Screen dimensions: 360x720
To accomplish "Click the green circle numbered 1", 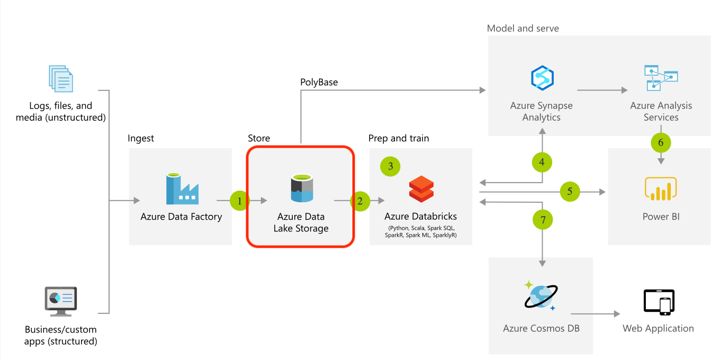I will pyautogui.click(x=240, y=201).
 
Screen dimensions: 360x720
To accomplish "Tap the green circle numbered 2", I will pyautogui.click(x=361, y=201).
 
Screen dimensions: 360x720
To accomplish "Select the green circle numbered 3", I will pyautogui.click(x=391, y=166).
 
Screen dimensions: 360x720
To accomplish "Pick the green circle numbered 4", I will pyautogui.click(x=542, y=162).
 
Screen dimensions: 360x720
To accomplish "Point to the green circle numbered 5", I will pyautogui.click(x=570, y=192).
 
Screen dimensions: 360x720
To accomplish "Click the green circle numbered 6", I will pyautogui.click(x=661, y=142).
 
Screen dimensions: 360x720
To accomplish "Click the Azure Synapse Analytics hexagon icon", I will pyautogui.click(x=542, y=78).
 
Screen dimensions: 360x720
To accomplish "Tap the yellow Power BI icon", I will pyautogui.click(x=661, y=190).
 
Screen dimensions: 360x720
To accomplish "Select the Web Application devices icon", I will pyautogui.click(x=659, y=302).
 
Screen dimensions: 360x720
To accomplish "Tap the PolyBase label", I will pyautogui.click(x=319, y=82).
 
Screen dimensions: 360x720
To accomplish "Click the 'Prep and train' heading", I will pyautogui.click(x=399, y=138).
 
